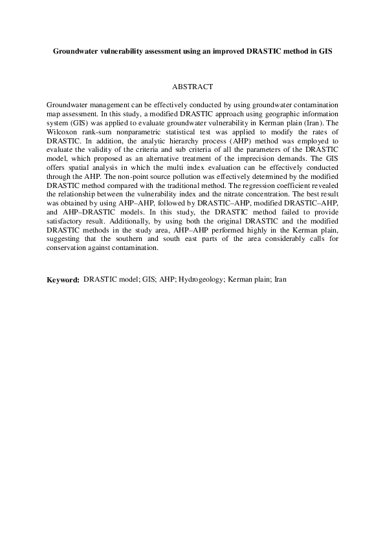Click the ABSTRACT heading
tap(192, 86)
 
